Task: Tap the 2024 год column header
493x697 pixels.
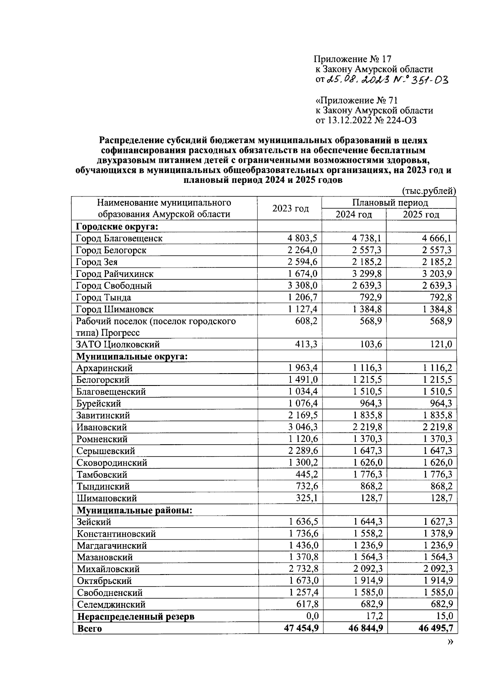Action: click(x=354, y=215)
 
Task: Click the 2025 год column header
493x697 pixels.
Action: click(x=421, y=215)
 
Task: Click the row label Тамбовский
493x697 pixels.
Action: click(x=102, y=475)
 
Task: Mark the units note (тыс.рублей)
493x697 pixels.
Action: click(x=429, y=191)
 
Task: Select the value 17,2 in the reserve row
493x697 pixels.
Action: click(x=374, y=616)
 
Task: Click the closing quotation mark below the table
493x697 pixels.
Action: click(x=450, y=642)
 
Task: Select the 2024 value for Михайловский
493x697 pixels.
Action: click(x=368, y=569)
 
